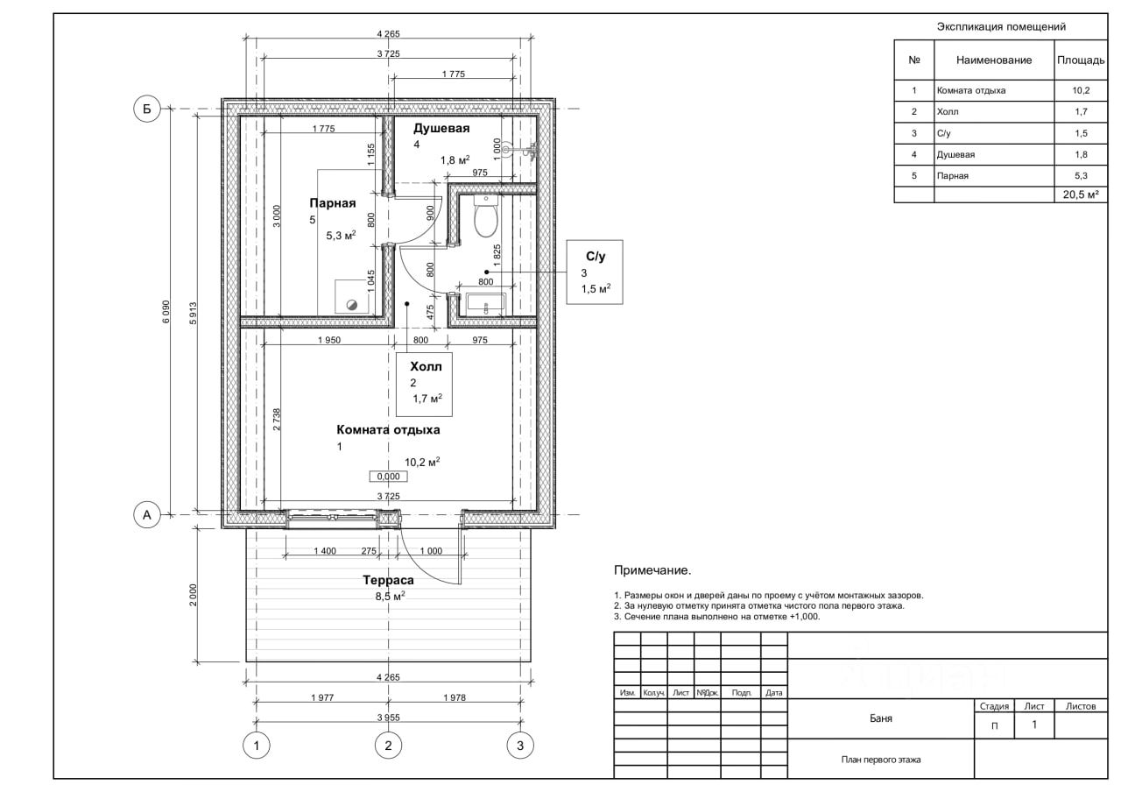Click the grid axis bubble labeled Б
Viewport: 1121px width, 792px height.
[146, 109]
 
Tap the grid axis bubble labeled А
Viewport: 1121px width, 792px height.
[146, 514]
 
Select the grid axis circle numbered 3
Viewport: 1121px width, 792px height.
[520, 746]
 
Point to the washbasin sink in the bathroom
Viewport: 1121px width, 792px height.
[486, 304]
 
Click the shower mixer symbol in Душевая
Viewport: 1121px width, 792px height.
[520, 150]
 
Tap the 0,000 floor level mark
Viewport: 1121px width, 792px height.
[388, 476]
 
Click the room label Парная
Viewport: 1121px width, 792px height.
[332, 202]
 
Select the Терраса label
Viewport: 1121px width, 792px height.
[388, 580]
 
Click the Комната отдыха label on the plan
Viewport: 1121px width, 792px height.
[388, 429]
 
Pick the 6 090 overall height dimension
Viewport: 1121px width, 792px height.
[166, 311]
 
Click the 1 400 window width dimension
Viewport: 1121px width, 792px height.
[325, 551]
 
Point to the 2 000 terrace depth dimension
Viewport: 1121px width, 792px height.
[194, 595]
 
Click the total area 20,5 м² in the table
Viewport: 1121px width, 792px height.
[1081, 194]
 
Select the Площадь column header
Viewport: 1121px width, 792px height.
[1081, 60]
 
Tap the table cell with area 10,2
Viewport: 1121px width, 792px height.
[1081, 90]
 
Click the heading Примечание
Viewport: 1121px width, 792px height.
[652, 569]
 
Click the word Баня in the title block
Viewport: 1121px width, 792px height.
[881, 718]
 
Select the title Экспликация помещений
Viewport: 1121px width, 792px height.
[1001, 26]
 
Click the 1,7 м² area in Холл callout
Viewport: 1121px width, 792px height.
[427, 399]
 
